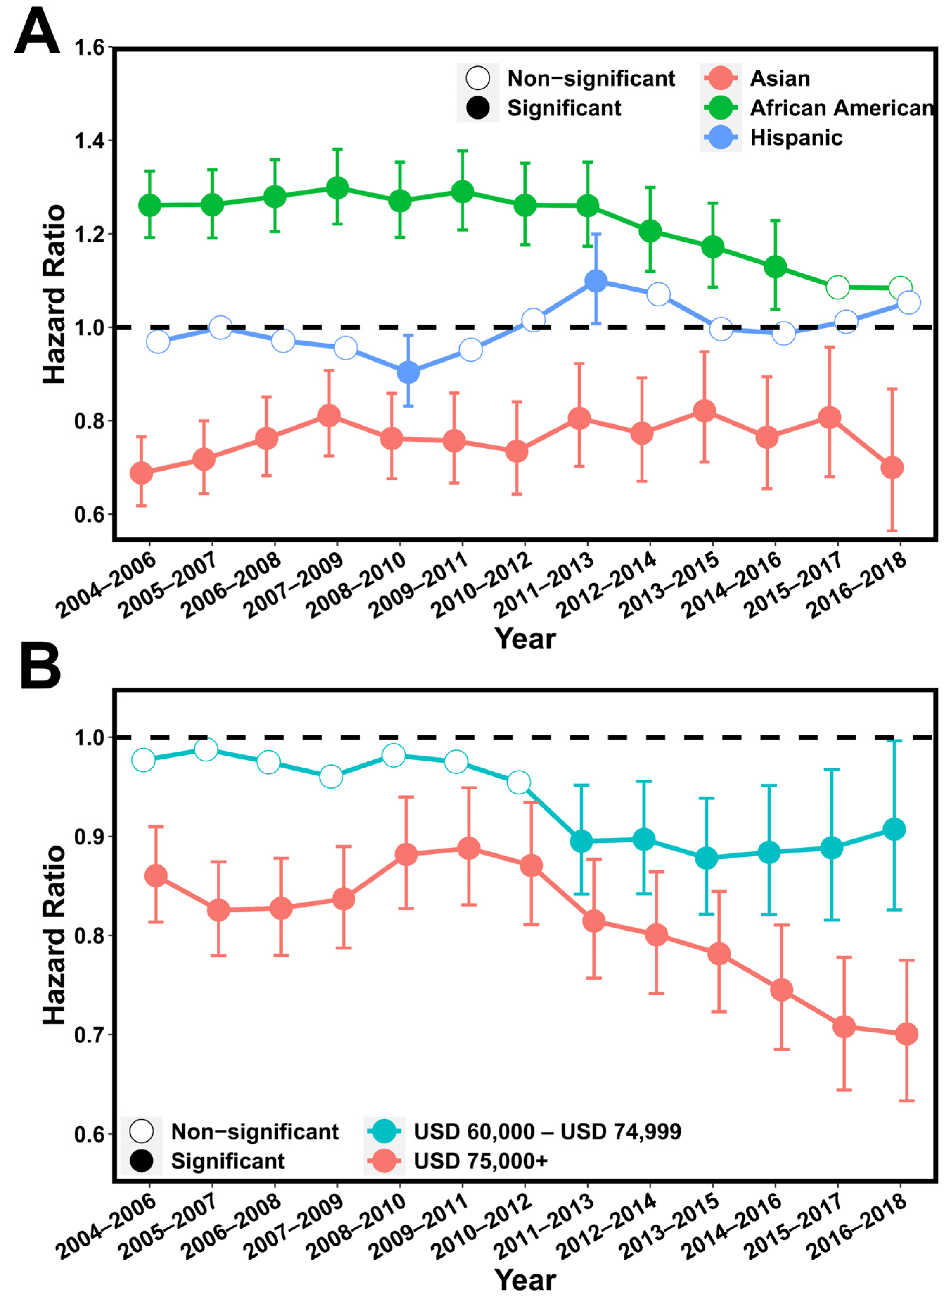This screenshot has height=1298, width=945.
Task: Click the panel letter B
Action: pos(40,667)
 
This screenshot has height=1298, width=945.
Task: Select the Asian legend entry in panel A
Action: pos(779,78)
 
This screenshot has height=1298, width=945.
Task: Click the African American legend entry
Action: pos(841,108)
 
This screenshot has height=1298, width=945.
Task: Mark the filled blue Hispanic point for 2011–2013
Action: pos(596,281)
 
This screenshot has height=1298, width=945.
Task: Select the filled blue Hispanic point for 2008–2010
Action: pos(408,372)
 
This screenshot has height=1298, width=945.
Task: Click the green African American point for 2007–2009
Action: pos(337,188)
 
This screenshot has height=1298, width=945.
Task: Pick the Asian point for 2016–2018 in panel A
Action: pos(892,468)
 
